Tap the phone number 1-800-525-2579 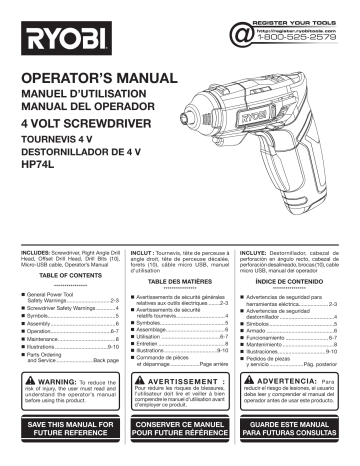point(298,47)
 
